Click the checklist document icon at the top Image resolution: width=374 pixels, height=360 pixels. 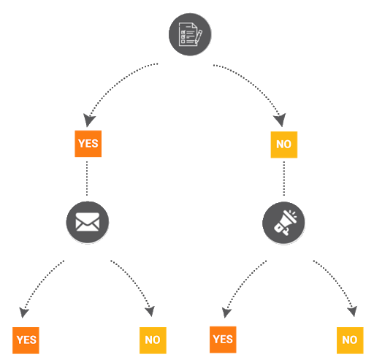click(190, 34)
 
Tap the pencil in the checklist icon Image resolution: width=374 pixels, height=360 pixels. click(199, 37)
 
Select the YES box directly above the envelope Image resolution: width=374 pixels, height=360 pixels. click(88, 144)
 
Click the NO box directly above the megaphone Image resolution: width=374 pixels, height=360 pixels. click(284, 145)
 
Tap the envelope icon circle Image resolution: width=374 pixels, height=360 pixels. click(88, 222)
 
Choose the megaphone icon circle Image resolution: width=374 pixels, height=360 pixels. click(283, 223)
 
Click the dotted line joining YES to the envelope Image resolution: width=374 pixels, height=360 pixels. click(87, 178)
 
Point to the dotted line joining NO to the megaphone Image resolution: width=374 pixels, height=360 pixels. click(284, 178)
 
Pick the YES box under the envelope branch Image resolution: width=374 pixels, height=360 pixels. click(26, 340)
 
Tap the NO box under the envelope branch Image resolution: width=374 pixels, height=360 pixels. click(153, 340)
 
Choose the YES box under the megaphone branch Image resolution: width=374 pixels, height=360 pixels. click(223, 340)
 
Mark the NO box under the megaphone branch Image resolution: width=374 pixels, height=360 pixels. click(350, 340)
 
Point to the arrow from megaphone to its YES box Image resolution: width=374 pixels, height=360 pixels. click(241, 284)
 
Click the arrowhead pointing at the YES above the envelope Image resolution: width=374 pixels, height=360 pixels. click(88, 120)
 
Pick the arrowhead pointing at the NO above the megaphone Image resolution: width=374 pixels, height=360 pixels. click(280, 120)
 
